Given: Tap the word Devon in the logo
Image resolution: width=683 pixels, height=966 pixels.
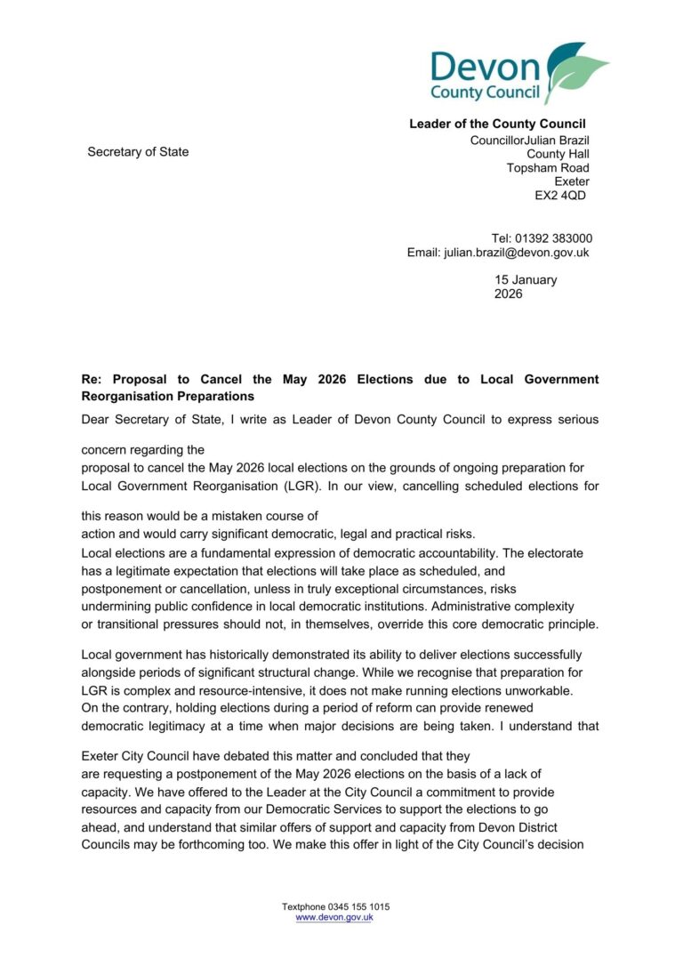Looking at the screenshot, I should pos(485,68).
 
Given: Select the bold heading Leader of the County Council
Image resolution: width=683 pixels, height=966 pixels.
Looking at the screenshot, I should pos(497,124).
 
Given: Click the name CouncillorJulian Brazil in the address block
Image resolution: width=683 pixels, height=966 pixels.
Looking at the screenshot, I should pos(529,141).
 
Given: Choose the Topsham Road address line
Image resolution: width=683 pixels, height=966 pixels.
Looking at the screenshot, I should pos(547,168).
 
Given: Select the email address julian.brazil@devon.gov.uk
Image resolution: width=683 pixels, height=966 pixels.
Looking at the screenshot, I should pos(515,253).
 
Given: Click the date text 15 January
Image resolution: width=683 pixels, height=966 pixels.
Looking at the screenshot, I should pos(526,279).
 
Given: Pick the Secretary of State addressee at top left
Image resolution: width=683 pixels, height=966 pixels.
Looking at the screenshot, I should pos(138,152).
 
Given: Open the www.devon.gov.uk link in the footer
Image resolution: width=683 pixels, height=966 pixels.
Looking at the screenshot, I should pos(333,917).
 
